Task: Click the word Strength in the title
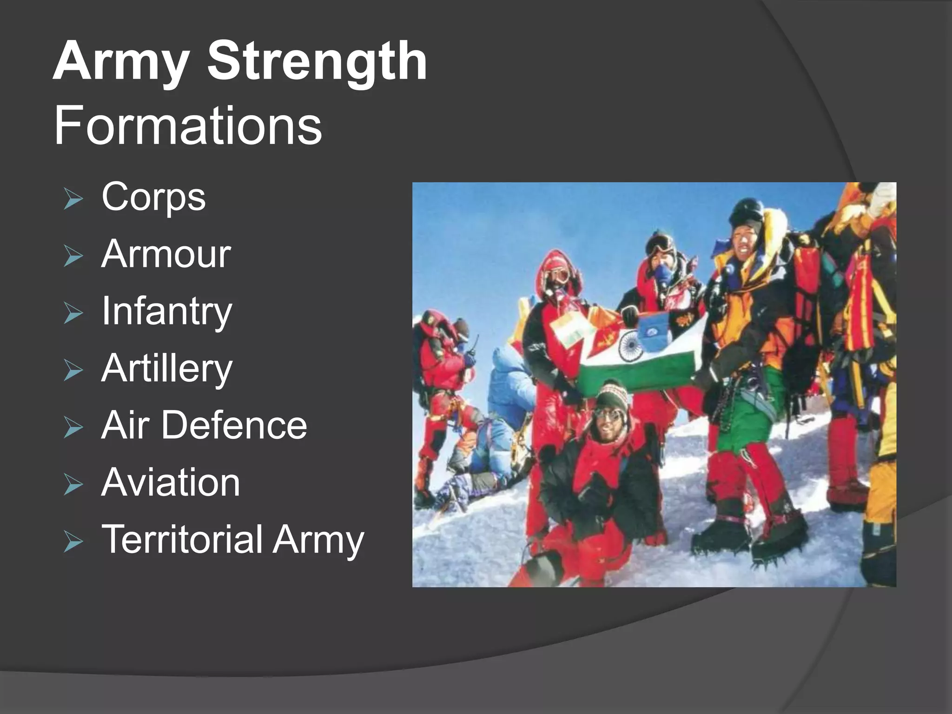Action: click(x=317, y=61)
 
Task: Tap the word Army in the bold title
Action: click(x=122, y=61)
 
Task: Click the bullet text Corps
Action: click(x=153, y=197)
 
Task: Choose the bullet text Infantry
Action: click(x=166, y=311)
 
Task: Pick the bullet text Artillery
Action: click(x=166, y=369)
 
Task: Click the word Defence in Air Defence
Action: click(x=234, y=425)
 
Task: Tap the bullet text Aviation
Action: click(x=171, y=483)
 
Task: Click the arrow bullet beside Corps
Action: click(x=73, y=200)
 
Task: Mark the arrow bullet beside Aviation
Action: click(x=73, y=486)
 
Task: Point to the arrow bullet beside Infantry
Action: click(x=73, y=315)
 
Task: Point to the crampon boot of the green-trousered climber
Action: click(x=774, y=544)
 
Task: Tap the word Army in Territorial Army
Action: click(x=318, y=539)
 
